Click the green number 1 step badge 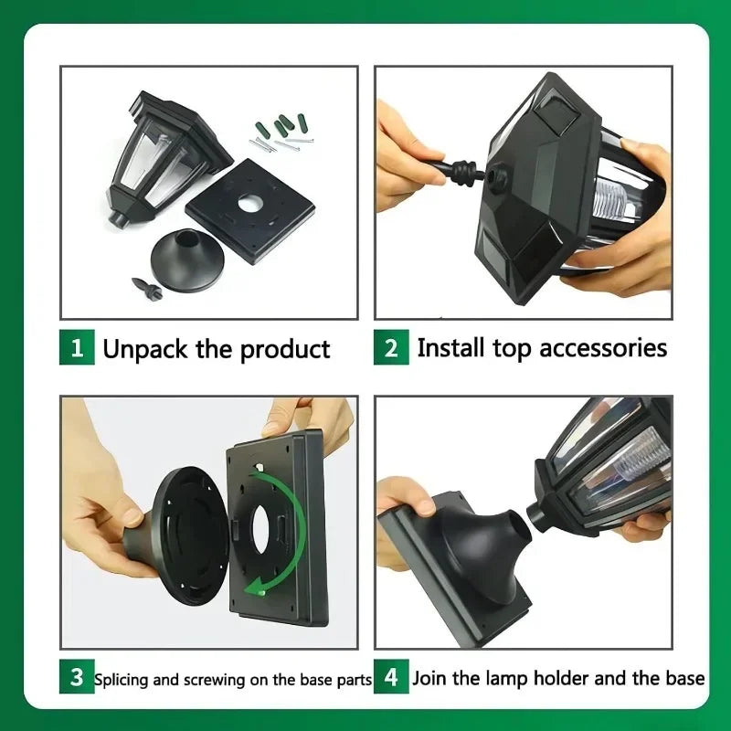click(77, 348)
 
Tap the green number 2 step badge click(391, 348)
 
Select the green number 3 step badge click(77, 678)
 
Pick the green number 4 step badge click(391, 678)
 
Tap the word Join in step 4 click(430, 678)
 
